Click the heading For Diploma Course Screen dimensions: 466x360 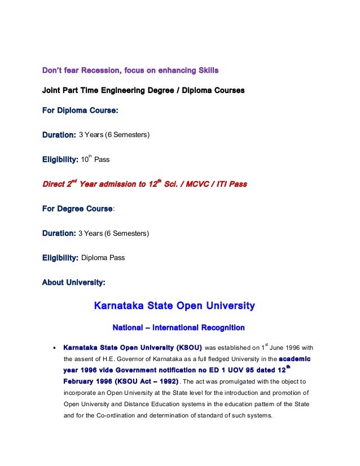(x=80, y=111)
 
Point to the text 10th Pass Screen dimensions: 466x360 (x=95, y=160)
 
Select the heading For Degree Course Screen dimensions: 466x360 (x=78, y=209)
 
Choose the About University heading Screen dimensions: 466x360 (x=73, y=282)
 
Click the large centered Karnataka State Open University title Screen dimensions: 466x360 (x=174, y=306)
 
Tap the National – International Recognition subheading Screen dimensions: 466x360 (x=178, y=327)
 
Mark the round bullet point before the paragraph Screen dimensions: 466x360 (x=53, y=348)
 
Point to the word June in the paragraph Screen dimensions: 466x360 (x=278, y=348)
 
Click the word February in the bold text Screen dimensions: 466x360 (x=82, y=381)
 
